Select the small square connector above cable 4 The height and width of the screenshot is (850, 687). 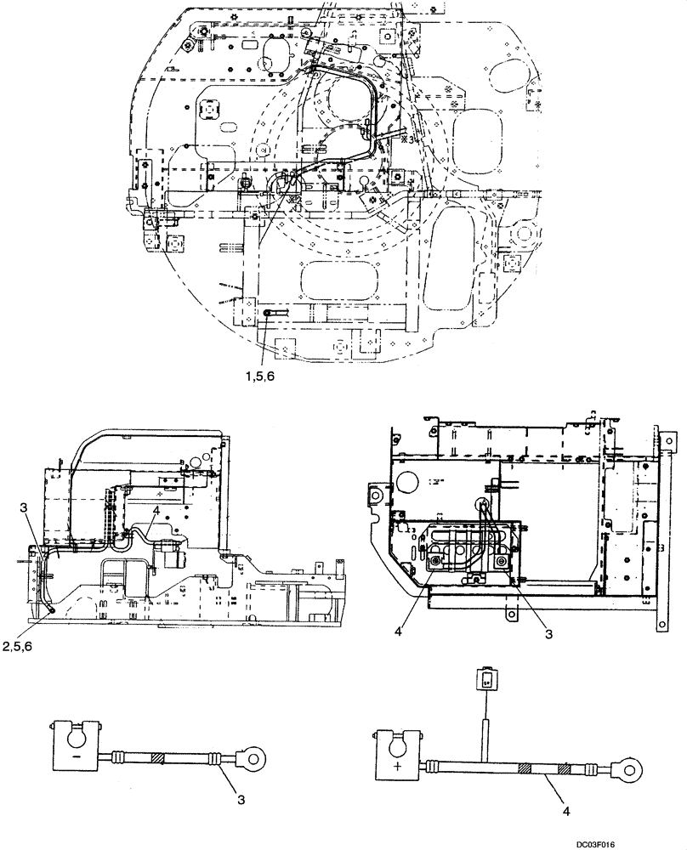pyautogui.click(x=485, y=677)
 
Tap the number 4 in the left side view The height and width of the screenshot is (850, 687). pyautogui.click(x=156, y=513)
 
